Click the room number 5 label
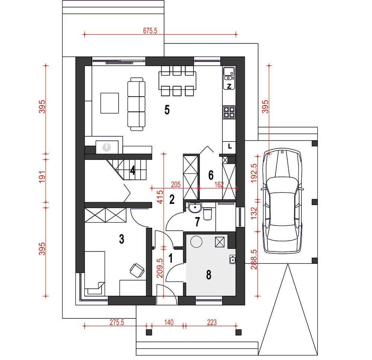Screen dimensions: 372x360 [167, 110]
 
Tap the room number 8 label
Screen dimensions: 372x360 [209, 275]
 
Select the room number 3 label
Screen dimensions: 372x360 [122, 239]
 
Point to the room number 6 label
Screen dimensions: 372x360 [211, 175]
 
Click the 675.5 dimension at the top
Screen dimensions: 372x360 [150, 31]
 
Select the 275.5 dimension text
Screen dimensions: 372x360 [117, 322]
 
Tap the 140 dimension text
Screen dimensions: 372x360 [169, 322]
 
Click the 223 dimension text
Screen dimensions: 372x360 [212, 322]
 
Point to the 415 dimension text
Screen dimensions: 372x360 [160, 197]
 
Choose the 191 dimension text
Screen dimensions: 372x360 [42, 177]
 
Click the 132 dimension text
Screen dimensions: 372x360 [254, 213]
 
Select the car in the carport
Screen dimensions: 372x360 [282, 201]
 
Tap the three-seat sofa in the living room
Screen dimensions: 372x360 [137, 104]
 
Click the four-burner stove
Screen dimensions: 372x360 [229, 112]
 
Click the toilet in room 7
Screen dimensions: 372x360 [208, 214]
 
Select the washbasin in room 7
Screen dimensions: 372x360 [195, 208]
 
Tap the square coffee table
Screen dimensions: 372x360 [110, 103]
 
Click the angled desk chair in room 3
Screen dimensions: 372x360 [137, 270]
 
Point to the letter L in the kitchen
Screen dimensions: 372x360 [230, 146]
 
